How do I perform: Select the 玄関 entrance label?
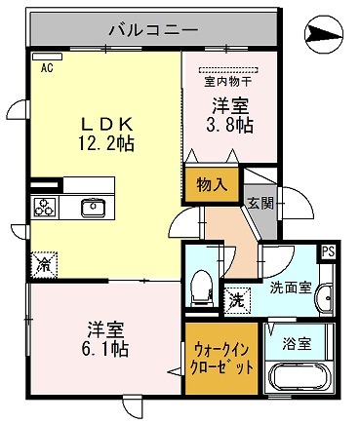[259, 203]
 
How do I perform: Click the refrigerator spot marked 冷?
[43, 262]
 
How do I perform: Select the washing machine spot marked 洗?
[235, 300]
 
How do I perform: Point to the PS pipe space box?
[329, 251]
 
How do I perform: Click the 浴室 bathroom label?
[298, 343]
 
